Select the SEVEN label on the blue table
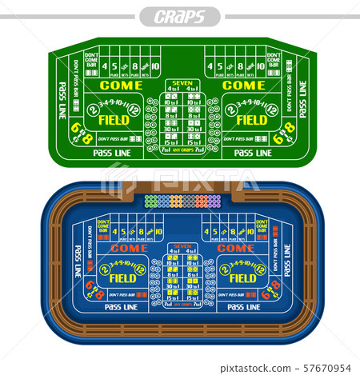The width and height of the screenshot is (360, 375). [182, 245]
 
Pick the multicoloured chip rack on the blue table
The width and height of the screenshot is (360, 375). [182, 201]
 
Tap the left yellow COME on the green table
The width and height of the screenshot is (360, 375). [121, 85]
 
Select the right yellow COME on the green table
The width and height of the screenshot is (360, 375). [243, 85]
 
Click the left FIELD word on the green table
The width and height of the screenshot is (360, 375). [115, 120]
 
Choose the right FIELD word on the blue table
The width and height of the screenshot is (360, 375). [243, 278]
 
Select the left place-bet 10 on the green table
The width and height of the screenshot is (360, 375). [155, 66]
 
